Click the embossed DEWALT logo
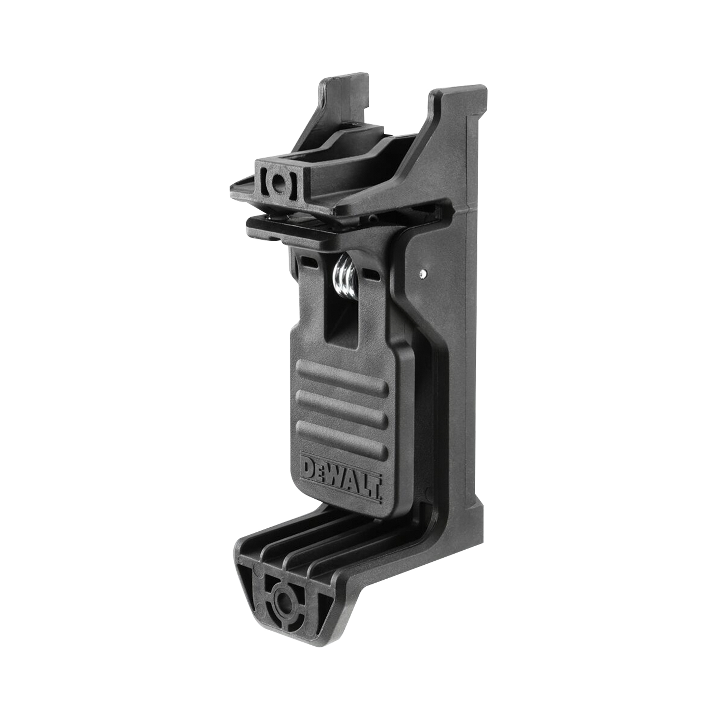point(343,479)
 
